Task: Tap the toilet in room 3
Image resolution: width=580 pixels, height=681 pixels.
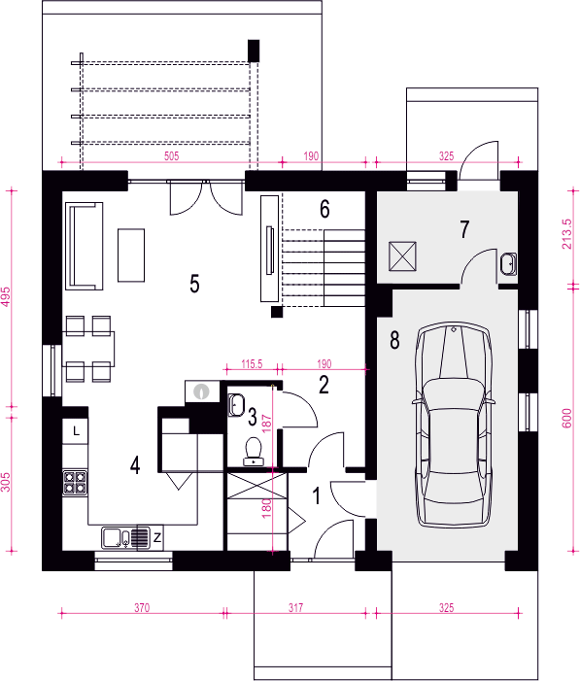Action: click(x=253, y=452)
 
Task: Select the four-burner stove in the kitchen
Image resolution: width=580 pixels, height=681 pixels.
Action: click(x=75, y=483)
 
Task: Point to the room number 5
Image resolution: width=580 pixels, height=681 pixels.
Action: click(x=194, y=284)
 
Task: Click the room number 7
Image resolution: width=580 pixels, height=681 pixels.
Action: click(x=464, y=229)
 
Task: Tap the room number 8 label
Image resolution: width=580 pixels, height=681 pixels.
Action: click(x=394, y=340)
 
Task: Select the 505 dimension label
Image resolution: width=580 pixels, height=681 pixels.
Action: click(x=172, y=155)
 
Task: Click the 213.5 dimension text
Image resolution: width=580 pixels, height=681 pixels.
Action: click(x=567, y=234)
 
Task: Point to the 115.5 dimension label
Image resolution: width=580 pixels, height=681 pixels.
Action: click(x=252, y=363)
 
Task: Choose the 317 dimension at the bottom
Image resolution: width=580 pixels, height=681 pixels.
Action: click(x=296, y=607)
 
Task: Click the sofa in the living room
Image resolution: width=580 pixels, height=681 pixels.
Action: click(x=85, y=246)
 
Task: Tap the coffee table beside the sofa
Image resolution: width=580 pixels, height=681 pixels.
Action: click(x=131, y=255)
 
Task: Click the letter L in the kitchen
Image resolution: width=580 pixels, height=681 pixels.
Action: click(x=76, y=431)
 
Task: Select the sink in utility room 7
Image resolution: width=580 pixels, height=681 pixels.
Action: click(x=508, y=263)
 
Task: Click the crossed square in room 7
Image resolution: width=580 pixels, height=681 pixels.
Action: click(x=402, y=256)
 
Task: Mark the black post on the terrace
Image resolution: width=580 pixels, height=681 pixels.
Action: click(x=254, y=51)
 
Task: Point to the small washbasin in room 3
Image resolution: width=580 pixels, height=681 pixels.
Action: click(x=236, y=405)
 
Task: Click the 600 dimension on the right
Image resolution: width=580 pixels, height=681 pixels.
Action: click(x=567, y=419)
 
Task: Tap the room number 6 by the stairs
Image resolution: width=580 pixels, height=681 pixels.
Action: click(x=324, y=209)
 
